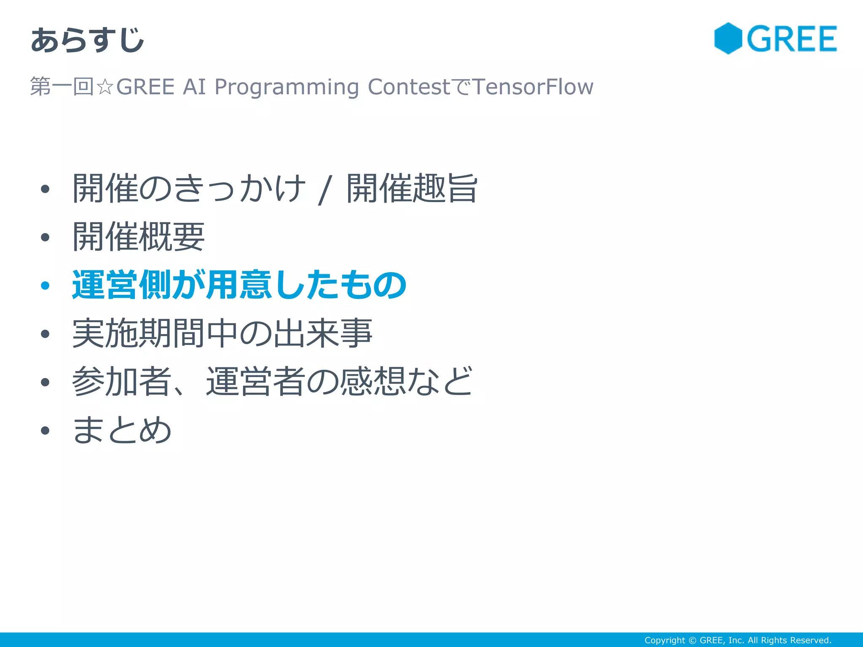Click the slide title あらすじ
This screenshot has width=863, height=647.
[88, 40]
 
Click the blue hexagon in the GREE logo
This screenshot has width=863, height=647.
[728, 38]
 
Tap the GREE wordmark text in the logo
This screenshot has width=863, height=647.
[792, 39]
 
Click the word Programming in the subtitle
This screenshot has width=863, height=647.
[287, 87]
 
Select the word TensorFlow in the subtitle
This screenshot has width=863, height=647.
[533, 87]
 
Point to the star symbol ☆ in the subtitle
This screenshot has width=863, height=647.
[105, 87]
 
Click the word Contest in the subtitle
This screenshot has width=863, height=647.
[409, 87]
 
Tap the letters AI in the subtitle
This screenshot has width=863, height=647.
[194, 87]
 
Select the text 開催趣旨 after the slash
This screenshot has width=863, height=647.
[412, 188]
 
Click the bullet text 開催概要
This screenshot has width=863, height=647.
[138, 237]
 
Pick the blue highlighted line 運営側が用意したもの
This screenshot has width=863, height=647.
[239, 285]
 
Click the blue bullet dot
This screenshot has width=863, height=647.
[45, 286]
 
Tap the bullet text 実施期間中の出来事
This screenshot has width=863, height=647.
[222, 333]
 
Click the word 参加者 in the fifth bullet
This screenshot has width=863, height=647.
[121, 381]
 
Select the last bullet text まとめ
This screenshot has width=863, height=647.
[122, 430]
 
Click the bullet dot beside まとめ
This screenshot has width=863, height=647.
[45, 430]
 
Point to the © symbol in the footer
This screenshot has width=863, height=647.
[692, 640]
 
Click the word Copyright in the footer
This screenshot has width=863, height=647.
[665, 640]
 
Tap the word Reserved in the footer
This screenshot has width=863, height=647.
[810, 640]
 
